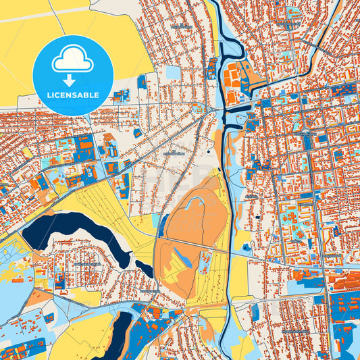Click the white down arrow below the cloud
click(x=73, y=80)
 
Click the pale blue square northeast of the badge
click(x=174, y=72)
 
